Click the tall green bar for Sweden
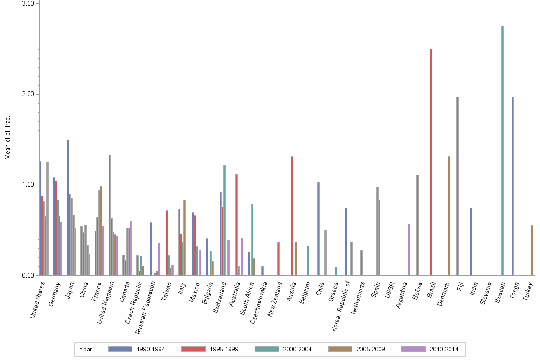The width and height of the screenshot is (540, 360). click(x=502, y=150)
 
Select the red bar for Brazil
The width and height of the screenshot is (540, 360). click(x=431, y=162)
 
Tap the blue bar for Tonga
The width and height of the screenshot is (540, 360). click(x=513, y=186)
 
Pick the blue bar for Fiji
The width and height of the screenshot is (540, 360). click(x=457, y=186)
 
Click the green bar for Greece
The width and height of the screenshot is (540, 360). click(x=336, y=271)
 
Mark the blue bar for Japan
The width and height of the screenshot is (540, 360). click(x=68, y=208)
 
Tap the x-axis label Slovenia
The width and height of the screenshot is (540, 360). click(x=484, y=293)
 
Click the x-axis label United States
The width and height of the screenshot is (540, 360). click(x=38, y=298)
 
